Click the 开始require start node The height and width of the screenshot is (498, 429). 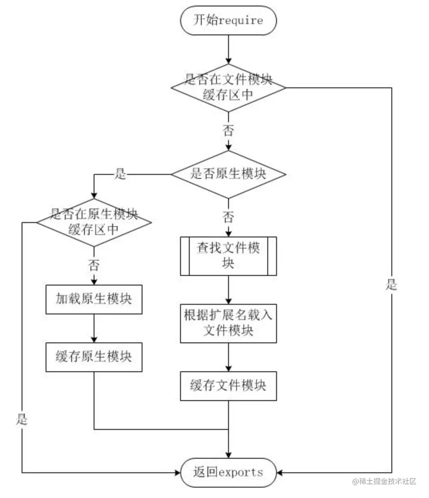(x=228, y=20)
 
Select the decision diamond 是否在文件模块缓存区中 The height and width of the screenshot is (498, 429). (x=228, y=88)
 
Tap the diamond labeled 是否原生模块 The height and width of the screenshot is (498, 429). (x=228, y=174)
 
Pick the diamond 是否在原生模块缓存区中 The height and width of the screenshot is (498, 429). (x=94, y=223)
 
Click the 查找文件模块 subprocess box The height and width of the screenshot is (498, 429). (x=228, y=256)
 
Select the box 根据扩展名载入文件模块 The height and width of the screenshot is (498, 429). (x=228, y=323)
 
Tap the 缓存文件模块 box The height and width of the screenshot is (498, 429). (x=228, y=386)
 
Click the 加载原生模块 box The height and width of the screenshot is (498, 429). (x=94, y=299)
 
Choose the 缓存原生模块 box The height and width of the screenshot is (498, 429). (x=94, y=357)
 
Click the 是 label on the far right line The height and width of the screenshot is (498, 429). (x=391, y=285)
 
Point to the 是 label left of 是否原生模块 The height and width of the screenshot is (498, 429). (x=120, y=174)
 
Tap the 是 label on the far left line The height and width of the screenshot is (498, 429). (x=22, y=419)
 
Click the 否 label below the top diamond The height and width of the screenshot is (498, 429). (x=228, y=130)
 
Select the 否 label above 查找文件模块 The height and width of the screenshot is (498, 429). (x=228, y=217)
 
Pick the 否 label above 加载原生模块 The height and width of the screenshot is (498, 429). (x=94, y=265)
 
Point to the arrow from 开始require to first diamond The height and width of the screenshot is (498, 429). (x=228, y=49)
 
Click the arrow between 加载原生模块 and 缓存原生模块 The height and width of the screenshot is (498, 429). (x=94, y=328)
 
